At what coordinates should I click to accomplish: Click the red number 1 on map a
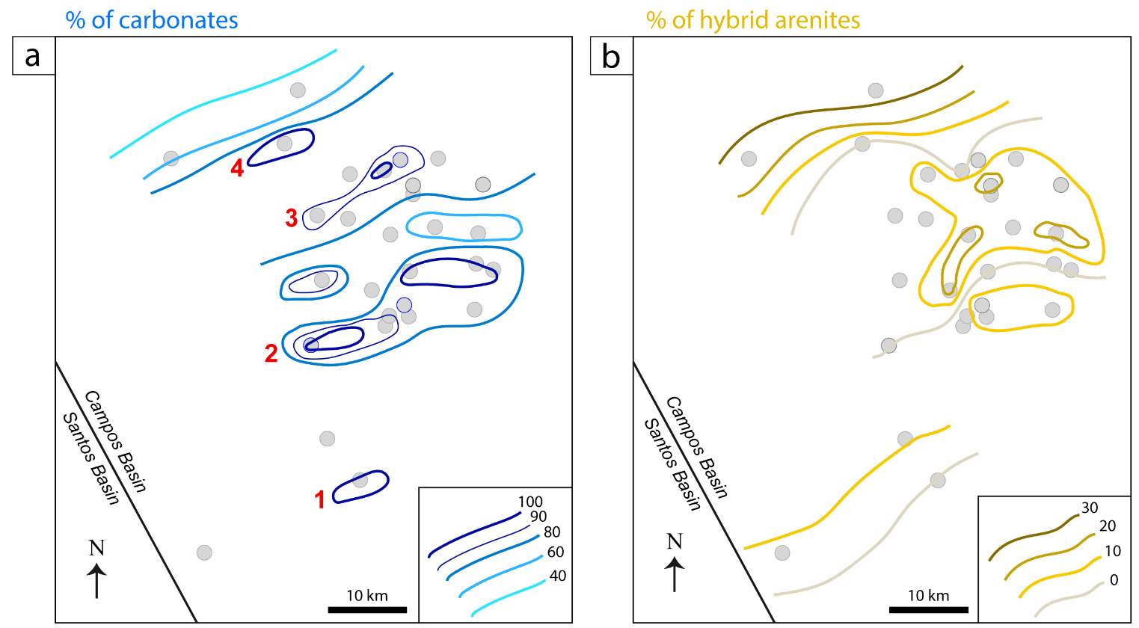(x=320, y=499)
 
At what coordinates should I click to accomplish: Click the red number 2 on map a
(x=271, y=353)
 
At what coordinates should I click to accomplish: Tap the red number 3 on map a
(x=292, y=218)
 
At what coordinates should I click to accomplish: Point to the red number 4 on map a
(x=237, y=170)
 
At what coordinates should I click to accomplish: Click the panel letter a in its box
(x=33, y=56)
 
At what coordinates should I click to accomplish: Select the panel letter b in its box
(x=611, y=56)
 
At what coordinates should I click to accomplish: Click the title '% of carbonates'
(x=152, y=20)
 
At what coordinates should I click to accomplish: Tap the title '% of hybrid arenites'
(x=753, y=20)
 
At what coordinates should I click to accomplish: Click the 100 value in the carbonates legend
(x=530, y=502)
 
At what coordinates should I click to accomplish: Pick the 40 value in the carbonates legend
(x=557, y=576)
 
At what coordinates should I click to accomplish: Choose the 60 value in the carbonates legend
(x=556, y=552)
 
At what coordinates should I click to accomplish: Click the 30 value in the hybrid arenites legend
(x=1090, y=508)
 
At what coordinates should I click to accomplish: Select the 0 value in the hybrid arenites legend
(x=1114, y=580)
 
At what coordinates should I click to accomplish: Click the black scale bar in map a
(x=367, y=610)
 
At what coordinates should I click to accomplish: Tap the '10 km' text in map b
(x=928, y=596)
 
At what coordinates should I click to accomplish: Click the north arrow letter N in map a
(x=96, y=548)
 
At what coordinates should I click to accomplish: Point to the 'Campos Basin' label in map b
(x=696, y=447)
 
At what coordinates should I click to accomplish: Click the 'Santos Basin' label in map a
(x=91, y=458)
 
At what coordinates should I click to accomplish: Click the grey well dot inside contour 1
(x=360, y=480)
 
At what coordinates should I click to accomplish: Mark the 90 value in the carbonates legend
(x=538, y=517)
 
